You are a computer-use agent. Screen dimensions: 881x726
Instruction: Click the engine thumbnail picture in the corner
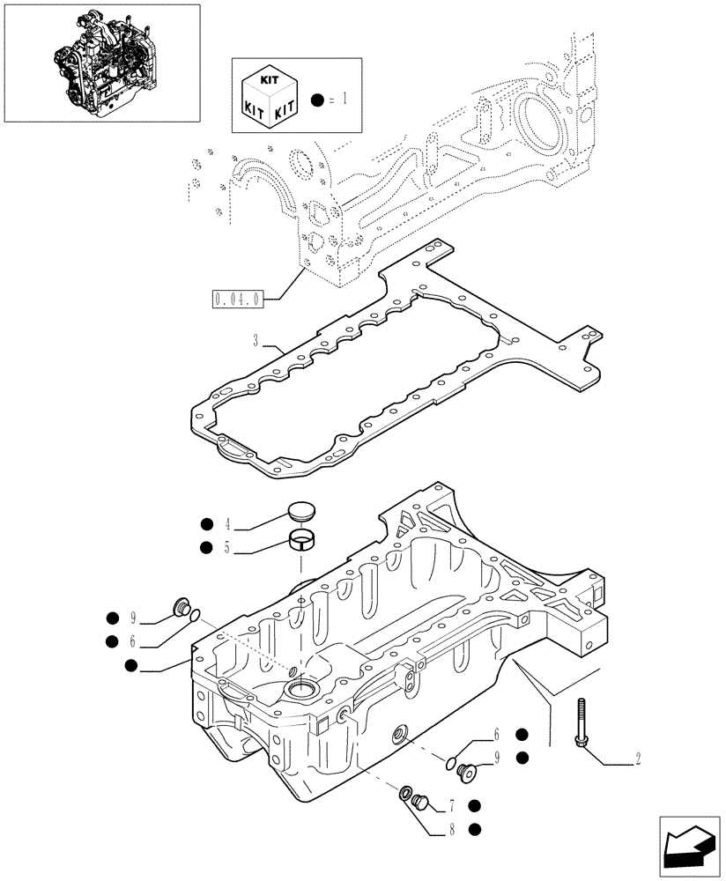coord(102,63)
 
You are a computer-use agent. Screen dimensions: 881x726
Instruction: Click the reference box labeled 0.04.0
coord(237,299)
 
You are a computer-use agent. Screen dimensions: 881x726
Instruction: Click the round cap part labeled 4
coord(302,512)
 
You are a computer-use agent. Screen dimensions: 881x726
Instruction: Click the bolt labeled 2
coord(583,723)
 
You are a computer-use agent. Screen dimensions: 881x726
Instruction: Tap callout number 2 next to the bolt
coord(638,758)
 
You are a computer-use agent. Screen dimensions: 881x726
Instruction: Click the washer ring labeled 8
coord(408,794)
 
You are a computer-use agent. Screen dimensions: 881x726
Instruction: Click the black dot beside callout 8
coord(475,828)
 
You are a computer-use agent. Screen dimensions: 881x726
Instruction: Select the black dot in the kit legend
coord(317,101)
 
